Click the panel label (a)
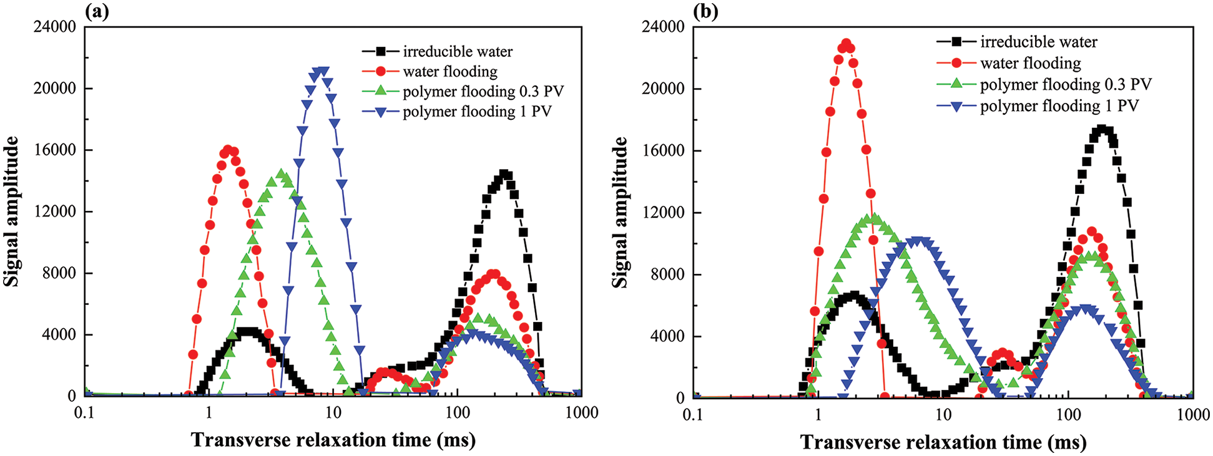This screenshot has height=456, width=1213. point(97,12)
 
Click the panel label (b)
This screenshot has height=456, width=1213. point(705,12)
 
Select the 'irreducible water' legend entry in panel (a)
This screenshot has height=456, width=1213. point(458,51)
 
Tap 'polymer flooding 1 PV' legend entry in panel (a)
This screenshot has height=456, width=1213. point(477,112)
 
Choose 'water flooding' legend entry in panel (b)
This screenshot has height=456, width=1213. point(1030,63)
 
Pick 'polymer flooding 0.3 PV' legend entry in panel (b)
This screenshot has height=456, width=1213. point(1065,84)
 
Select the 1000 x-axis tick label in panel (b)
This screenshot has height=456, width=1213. point(1192,414)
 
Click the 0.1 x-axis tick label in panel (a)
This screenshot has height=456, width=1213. point(84,412)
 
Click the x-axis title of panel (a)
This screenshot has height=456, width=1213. point(333,440)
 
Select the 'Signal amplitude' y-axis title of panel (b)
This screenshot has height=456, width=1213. point(620,213)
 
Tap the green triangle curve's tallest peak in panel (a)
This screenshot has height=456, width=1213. point(281,174)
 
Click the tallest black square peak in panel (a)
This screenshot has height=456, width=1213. point(504,175)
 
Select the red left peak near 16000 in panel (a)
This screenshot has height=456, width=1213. point(228,150)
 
